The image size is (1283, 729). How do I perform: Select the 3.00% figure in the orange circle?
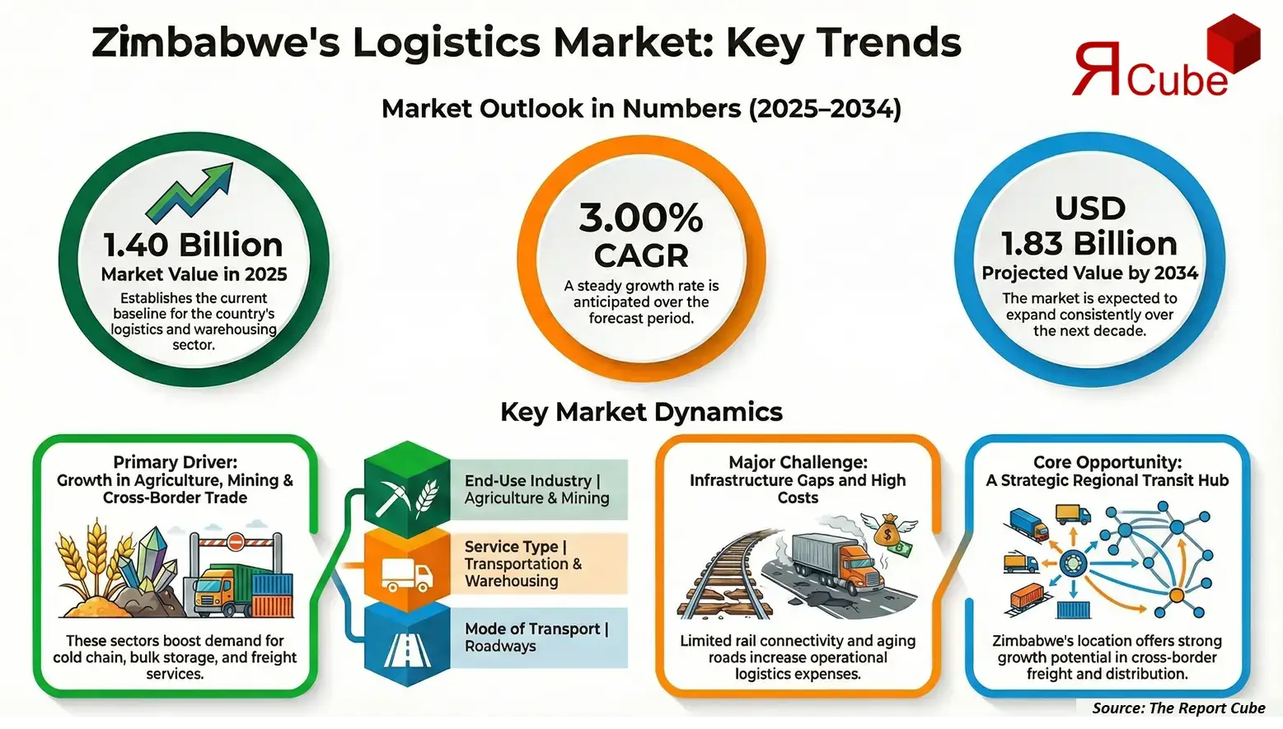click(x=640, y=218)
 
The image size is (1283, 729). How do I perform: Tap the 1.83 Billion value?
click(x=1089, y=244)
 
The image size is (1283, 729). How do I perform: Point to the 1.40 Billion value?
click(x=193, y=245)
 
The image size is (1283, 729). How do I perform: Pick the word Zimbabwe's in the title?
click(x=216, y=43)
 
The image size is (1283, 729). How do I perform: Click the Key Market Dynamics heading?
click(x=641, y=412)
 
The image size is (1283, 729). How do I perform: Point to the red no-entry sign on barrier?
click(x=235, y=541)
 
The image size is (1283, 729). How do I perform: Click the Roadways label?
click(x=500, y=647)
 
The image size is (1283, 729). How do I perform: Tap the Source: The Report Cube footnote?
click(x=1178, y=708)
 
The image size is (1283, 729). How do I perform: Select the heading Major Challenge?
click(x=798, y=462)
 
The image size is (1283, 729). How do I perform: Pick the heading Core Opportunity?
click(x=1107, y=462)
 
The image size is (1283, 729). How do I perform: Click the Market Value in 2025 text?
click(x=194, y=274)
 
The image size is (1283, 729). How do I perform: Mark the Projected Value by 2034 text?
click(x=1089, y=273)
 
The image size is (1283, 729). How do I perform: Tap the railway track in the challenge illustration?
click(x=721, y=577)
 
